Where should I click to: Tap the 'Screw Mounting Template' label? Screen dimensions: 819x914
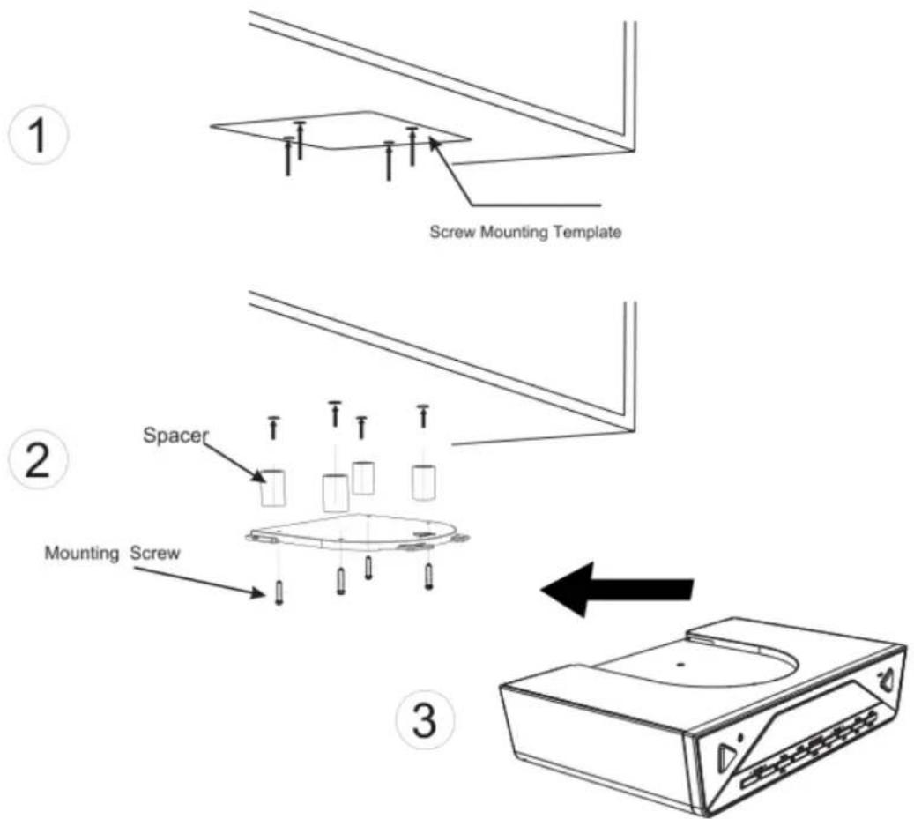[x=525, y=233]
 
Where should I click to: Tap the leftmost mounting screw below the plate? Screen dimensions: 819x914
[x=279, y=592]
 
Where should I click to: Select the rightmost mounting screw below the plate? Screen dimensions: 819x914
[x=428, y=576]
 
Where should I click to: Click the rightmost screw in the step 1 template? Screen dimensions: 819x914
[x=412, y=145]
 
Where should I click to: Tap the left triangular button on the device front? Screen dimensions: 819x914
[x=728, y=757]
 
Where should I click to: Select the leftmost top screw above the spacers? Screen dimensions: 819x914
[x=274, y=425]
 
